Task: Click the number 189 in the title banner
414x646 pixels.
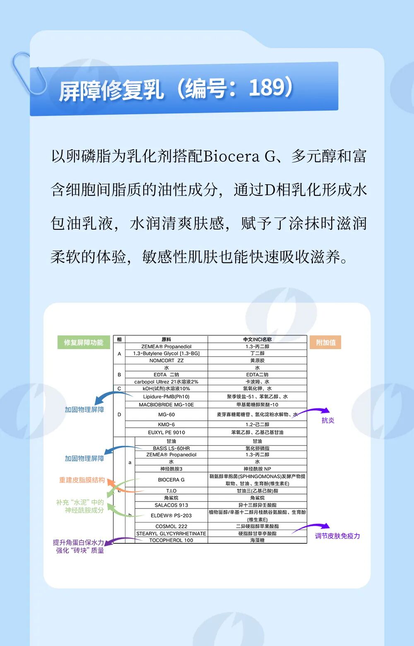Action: pyautogui.click(x=267, y=87)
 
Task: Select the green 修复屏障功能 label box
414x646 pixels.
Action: pyautogui.click(x=84, y=342)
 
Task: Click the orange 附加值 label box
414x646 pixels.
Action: pyautogui.click(x=325, y=342)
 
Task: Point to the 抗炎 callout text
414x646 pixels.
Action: pyautogui.click(x=328, y=420)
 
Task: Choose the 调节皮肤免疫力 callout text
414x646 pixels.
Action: pyautogui.click(x=337, y=536)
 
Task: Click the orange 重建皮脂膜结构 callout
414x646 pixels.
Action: pyautogui.click(x=82, y=480)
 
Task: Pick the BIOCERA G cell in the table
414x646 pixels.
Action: pyautogui.click(x=171, y=480)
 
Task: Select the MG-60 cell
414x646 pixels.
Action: pyautogui.click(x=166, y=415)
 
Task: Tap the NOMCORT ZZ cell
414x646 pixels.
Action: pyautogui.click(x=166, y=361)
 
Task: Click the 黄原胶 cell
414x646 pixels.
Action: pyautogui.click(x=257, y=361)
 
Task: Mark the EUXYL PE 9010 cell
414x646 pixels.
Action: pyautogui.click(x=166, y=432)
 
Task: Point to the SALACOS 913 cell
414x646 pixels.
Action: pyautogui.click(x=171, y=505)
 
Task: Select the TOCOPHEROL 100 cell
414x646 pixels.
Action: pyautogui.click(x=171, y=540)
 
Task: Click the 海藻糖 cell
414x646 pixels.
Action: pyautogui.click(x=257, y=540)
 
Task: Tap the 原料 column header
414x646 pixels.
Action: pyautogui.click(x=166, y=340)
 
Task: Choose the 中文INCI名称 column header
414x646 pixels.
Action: pyautogui.click(x=257, y=340)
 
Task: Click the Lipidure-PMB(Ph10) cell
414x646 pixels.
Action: pyautogui.click(x=166, y=397)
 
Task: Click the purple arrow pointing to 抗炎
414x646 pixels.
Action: pyautogui.click(x=313, y=411)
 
